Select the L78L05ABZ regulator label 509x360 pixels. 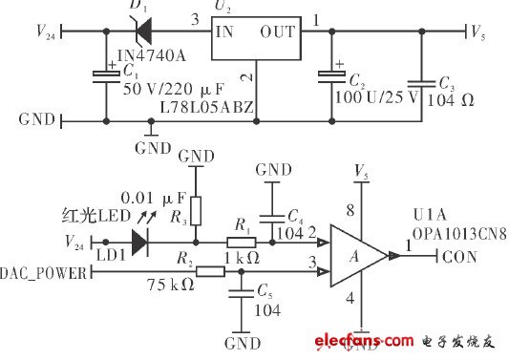210,108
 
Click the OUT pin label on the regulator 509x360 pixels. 278,32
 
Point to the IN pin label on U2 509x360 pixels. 224,32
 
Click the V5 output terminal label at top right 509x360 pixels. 480,32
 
